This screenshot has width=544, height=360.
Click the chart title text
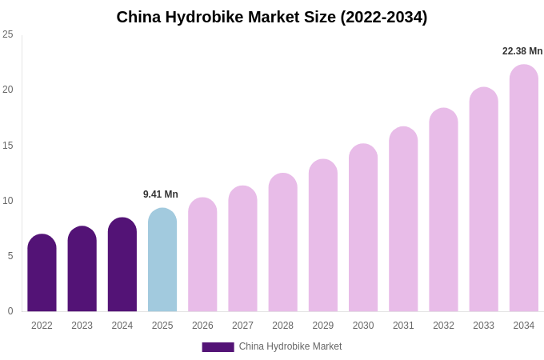coord(272,17)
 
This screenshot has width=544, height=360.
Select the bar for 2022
coord(42,273)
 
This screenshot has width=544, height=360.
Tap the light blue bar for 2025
coord(162,260)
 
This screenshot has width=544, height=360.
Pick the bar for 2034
coord(524,188)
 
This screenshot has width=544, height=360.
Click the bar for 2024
coord(122,265)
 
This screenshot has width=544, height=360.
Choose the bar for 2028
coord(282,242)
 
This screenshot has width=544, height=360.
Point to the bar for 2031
coord(403,219)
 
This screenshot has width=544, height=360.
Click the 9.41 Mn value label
coord(161,194)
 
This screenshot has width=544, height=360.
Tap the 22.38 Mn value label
coord(522,51)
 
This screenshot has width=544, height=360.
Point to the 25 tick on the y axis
coord(8,34)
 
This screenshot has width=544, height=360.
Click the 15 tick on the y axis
coord(8,146)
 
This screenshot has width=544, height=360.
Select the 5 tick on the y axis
coord(10,256)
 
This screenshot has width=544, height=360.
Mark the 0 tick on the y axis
coord(10,311)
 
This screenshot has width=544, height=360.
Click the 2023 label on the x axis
coord(82,326)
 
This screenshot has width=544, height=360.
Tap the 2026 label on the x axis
coord(202,326)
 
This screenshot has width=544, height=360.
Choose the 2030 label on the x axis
coord(363,326)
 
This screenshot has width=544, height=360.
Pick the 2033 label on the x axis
coord(483,326)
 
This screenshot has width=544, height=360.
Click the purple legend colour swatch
coord(218,347)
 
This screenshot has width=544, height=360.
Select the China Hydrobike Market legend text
coord(290,346)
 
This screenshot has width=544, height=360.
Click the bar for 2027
coord(242,249)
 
